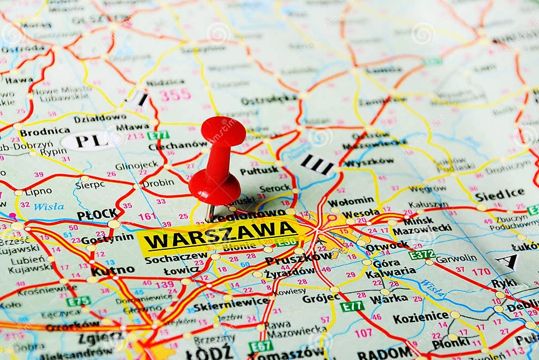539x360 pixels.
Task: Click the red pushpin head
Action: [223, 131]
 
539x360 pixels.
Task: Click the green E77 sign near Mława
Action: [158, 135]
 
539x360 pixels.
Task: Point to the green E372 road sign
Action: [422, 254]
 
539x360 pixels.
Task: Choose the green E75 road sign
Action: [78, 301]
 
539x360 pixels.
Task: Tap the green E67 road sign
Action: [261, 345]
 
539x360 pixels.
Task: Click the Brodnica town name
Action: [45, 131]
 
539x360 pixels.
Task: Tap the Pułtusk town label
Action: [259, 170]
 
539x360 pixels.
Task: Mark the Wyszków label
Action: [369, 162]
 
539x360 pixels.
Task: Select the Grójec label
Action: [321, 298]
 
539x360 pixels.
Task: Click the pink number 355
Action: [175, 94]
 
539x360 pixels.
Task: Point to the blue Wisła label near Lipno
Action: [48, 206]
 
